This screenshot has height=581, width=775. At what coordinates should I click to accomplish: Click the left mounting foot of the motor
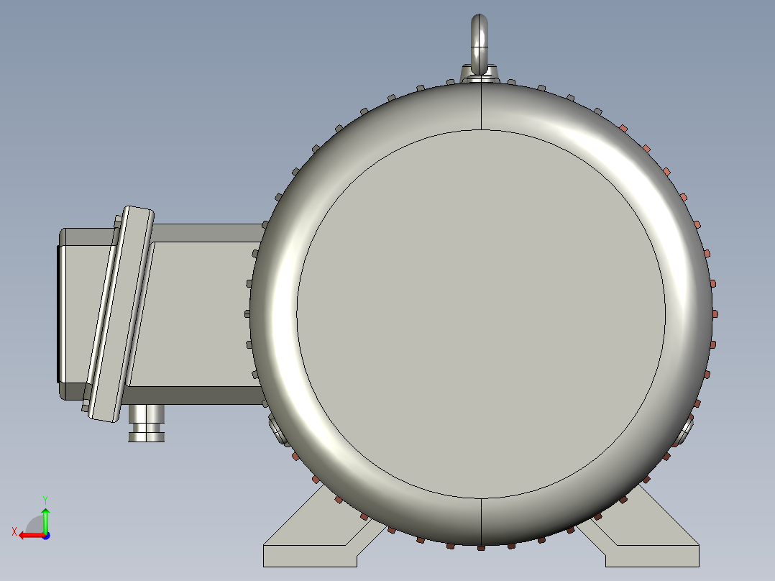pos(316,539)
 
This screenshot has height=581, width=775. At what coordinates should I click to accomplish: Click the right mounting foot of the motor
pos(647,539)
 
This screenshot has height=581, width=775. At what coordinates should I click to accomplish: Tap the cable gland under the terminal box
pos(147,423)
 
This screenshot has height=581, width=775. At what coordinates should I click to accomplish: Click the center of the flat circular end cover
pos(480,314)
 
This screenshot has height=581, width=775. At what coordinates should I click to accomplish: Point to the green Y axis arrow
pos(45,518)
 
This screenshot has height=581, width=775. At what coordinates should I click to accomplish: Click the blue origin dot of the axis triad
pos(45,535)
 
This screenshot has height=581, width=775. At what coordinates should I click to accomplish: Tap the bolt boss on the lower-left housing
pos(277,431)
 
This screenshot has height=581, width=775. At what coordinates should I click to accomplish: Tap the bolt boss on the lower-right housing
pos(684,431)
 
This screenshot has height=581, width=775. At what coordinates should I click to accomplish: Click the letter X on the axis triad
pos(14,531)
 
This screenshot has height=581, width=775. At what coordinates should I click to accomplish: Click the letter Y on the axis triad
pos(45,499)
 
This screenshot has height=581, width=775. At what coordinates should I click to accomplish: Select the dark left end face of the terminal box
pos(61,313)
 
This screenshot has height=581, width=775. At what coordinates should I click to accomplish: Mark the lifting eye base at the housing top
pos(480,74)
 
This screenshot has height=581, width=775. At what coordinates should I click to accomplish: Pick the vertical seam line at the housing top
pos(480,108)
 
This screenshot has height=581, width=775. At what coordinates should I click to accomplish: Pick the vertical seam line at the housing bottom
pos(480,521)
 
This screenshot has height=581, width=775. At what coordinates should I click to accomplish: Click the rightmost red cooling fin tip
pos(715,314)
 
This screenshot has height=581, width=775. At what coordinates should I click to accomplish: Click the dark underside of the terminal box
pos(194,395)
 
